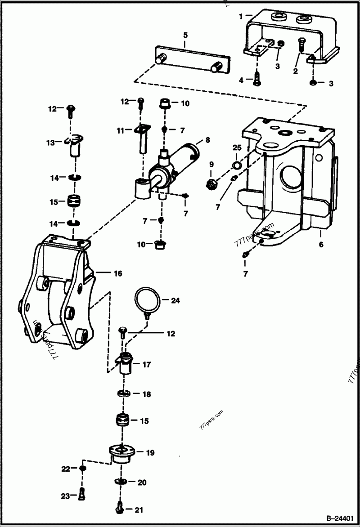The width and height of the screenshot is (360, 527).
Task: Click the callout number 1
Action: (x=241, y=16)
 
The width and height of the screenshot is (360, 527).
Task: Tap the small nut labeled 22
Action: (x=82, y=469)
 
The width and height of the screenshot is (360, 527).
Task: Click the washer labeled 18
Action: (x=123, y=394)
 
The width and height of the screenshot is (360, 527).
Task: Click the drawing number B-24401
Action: (x=340, y=518)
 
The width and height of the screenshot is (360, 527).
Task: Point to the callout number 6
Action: (x=321, y=246)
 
